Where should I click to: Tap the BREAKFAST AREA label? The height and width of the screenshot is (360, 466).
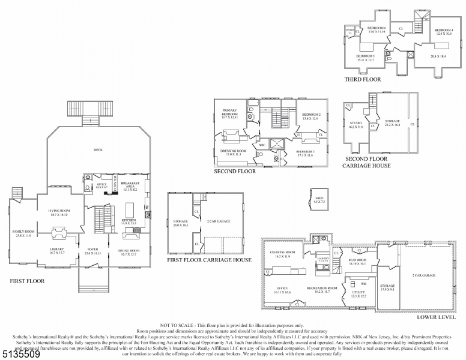point(130,185)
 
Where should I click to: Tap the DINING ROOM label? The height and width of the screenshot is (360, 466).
point(130,253)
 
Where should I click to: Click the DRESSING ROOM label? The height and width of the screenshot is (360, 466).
point(233,152)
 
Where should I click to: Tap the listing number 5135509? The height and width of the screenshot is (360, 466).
point(22,355)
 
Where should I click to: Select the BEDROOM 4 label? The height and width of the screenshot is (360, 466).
point(443,31)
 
